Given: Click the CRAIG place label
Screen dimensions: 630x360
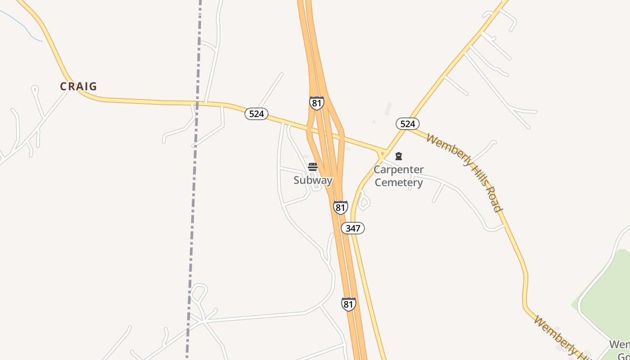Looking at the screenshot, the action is (79, 86).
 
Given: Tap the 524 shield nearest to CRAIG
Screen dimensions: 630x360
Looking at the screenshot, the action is (256, 114).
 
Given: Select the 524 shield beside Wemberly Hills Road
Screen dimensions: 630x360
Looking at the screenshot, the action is (408, 124).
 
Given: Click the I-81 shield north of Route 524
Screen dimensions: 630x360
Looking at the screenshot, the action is (317, 103).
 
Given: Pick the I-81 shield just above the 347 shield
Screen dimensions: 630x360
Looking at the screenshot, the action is (341, 207).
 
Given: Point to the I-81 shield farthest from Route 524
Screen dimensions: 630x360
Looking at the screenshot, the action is (348, 304).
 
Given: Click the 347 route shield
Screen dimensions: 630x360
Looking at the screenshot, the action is (353, 228).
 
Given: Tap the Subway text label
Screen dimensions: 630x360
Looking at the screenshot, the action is (313, 180).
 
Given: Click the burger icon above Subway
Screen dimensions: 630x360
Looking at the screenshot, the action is (313, 167).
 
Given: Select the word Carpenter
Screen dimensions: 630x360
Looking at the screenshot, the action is (399, 170).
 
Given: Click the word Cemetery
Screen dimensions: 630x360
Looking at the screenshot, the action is (399, 183).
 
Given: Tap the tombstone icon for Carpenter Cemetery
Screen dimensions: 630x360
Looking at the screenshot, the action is (398, 156).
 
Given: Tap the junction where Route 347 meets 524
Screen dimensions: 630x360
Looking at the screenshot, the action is (386, 150).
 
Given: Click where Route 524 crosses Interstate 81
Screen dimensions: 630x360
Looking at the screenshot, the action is (327, 135).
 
